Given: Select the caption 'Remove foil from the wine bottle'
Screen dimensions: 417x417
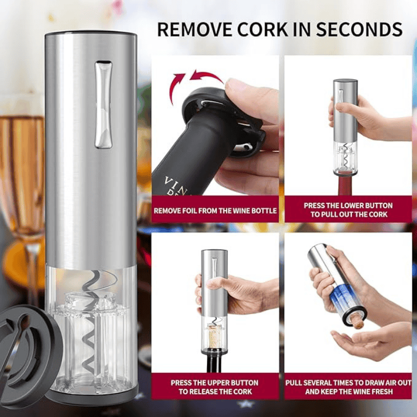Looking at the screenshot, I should (x=215, y=211).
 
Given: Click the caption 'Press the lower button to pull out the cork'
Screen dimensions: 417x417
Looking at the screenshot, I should (x=348, y=210).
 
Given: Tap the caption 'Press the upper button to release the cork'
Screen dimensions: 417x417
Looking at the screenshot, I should (x=215, y=387).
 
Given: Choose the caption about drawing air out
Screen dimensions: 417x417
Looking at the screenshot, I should (x=348, y=387).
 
